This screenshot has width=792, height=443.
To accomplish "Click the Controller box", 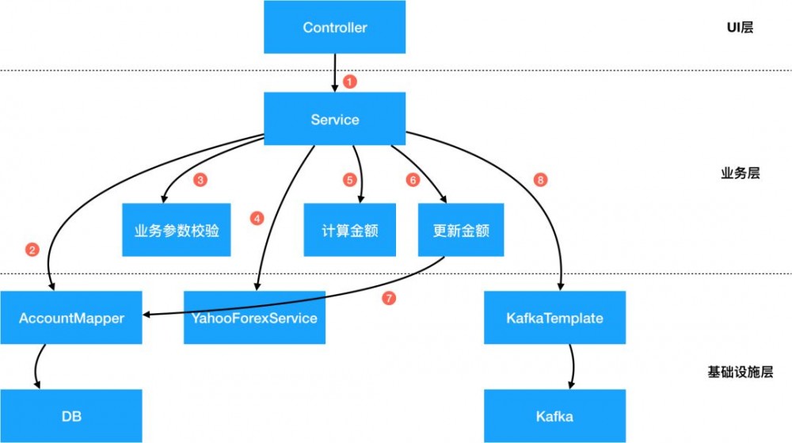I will click(334, 28).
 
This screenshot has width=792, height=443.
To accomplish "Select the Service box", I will click(334, 120).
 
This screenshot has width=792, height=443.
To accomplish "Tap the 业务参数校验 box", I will click(177, 231).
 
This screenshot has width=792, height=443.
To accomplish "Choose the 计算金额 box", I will click(349, 231).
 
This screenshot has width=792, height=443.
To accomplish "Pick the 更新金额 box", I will click(461, 231).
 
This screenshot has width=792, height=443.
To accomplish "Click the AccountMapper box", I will click(71, 318).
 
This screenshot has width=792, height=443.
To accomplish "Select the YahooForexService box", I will click(254, 318).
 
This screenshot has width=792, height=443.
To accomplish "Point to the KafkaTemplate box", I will click(554, 318).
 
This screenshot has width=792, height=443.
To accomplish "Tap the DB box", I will click(71, 415).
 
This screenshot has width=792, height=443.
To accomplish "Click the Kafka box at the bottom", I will click(554, 415).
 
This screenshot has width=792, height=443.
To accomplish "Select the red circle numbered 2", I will click(32, 250).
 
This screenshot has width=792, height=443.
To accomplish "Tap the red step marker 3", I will click(200, 180).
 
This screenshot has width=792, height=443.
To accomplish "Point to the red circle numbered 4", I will click(256, 218).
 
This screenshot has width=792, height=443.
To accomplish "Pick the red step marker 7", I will click(388, 299).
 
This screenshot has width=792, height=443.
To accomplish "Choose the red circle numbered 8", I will click(541, 180).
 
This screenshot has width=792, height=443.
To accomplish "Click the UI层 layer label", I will click(740, 28).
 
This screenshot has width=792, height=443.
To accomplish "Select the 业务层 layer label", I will click(740, 173).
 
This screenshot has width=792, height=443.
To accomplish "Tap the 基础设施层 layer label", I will click(740, 372).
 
